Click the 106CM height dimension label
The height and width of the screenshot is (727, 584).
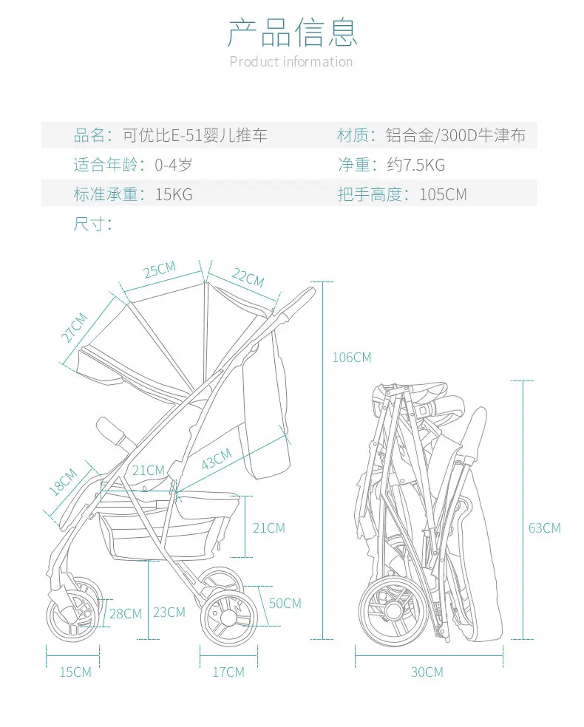352,358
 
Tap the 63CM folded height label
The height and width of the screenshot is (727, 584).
545,528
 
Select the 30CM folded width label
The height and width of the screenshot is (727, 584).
427,672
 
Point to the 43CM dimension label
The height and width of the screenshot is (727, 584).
217,460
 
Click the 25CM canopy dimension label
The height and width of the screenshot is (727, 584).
160,270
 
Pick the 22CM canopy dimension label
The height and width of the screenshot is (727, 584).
248,278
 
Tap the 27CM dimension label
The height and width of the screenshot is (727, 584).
74,327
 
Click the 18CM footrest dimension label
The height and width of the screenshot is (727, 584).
63,482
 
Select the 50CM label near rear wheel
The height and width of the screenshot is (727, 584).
285,603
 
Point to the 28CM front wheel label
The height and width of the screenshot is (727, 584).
125,614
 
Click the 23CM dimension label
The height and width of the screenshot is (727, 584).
169,612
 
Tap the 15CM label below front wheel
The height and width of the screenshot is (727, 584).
75,672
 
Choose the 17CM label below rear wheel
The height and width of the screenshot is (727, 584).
228,672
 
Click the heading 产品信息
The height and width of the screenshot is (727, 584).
292,33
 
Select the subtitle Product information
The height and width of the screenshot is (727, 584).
291,61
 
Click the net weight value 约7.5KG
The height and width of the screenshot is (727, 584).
416,165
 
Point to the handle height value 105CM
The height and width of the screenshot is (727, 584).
443,194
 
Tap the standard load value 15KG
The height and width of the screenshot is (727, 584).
174,194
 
